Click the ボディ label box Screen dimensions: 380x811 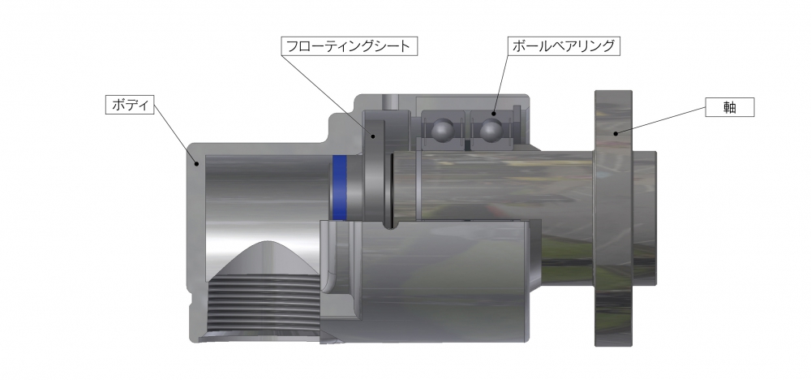[x=131, y=105]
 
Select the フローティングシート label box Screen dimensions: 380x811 [x=350, y=45]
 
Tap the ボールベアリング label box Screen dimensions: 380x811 [x=563, y=45]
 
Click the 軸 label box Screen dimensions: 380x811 [x=729, y=106]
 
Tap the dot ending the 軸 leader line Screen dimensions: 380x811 [x=616, y=132]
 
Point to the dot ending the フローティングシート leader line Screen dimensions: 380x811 [x=374, y=136]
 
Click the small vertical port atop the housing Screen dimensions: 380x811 [x=393, y=99]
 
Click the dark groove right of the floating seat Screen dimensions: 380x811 [x=390, y=187]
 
